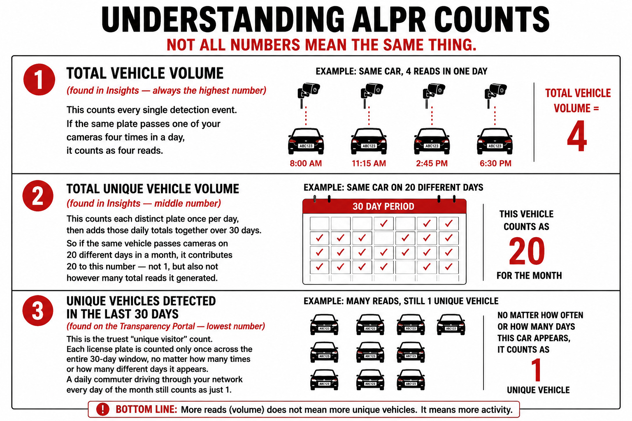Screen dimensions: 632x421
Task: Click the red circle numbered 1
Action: click(x=39, y=79)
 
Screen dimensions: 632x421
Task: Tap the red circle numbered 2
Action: click(x=38, y=196)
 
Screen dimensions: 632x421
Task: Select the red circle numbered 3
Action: click(x=38, y=311)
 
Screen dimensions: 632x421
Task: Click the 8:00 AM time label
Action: click(x=306, y=163)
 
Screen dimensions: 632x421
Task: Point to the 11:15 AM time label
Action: click(x=369, y=163)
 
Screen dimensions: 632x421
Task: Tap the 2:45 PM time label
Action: click(x=432, y=163)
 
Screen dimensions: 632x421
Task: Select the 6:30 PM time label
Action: click(x=495, y=163)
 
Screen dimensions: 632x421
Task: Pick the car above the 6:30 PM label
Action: click(x=495, y=141)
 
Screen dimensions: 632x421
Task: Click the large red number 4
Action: click(x=577, y=136)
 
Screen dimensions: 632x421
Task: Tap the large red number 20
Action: click(x=527, y=251)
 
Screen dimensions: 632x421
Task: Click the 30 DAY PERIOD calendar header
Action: click(x=384, y=206)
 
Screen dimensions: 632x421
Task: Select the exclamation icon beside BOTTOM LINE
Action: click(x=103, y=409)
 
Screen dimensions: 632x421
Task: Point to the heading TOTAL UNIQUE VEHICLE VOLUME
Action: click(x=153, y=189)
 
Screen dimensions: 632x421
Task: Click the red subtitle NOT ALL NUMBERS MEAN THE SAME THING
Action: click(x=321, y=44)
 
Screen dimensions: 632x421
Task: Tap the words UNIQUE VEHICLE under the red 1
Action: click(x=538, y=390)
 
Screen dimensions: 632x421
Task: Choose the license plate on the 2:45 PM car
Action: click(x=432, y=146)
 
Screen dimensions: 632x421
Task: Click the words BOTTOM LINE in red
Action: click(x=146, y=409)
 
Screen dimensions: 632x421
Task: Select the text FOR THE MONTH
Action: click(x=529, y=275)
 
